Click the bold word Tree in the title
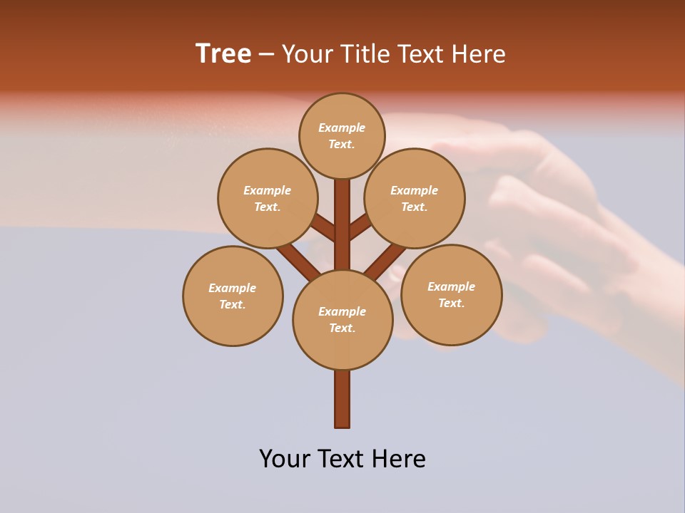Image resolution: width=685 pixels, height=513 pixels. [223, 54]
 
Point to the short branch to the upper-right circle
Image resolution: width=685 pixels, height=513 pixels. [360, 227]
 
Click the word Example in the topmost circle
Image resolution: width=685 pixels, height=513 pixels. [342, 128]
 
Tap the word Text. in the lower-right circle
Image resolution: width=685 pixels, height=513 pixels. [451, 304]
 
